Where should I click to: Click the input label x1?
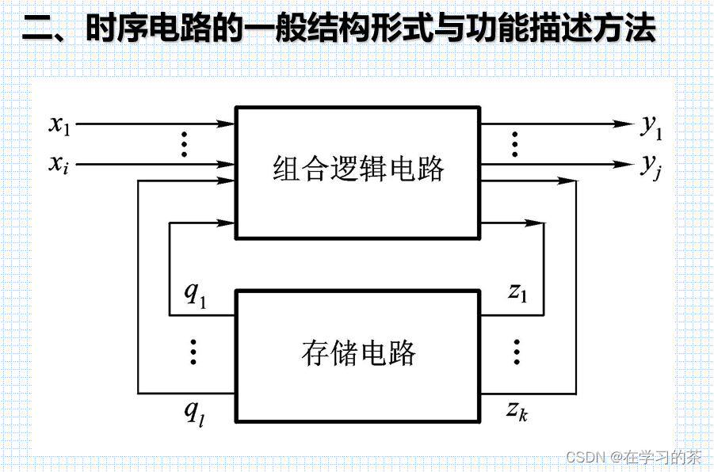(x=60, y=124)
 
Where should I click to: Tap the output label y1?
(x=651, y=126)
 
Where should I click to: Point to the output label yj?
(x=651, y=166)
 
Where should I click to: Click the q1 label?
(x=194, y=293)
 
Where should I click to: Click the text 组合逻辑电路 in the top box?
(x=358, y=169)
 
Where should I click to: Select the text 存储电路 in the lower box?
(x=358, y=352)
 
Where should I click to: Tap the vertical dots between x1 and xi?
(x=184, y=144)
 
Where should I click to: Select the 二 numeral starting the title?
(x=36, y=30)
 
